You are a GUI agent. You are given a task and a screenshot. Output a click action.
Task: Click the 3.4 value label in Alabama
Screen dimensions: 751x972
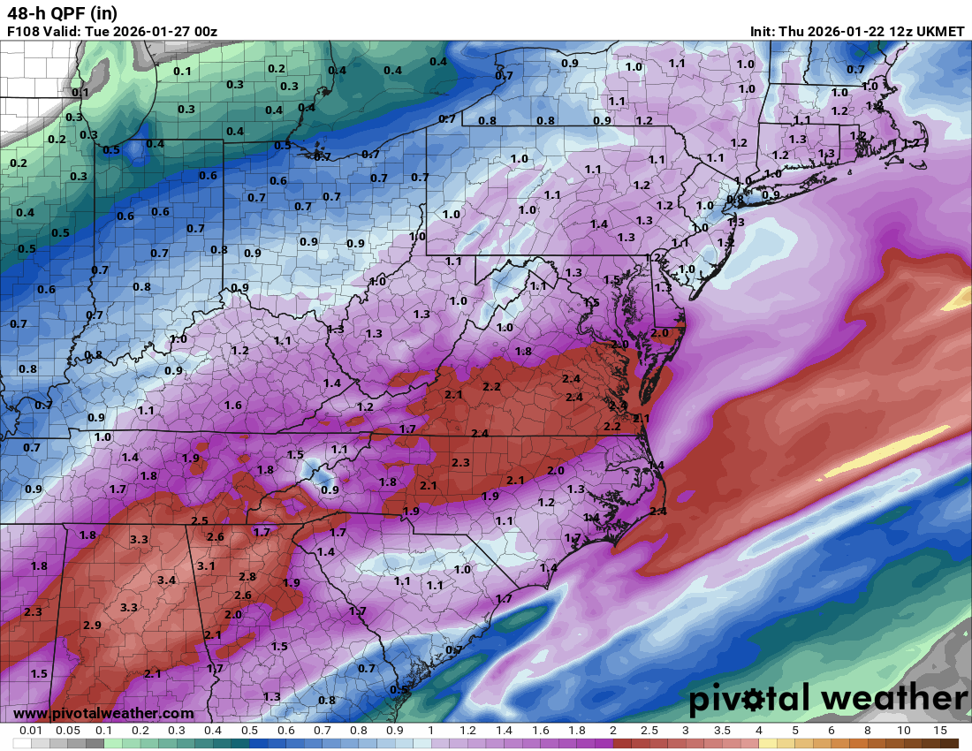tap(166, 580)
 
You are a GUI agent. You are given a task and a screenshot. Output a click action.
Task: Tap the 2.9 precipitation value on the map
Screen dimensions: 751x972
tap(92, 626)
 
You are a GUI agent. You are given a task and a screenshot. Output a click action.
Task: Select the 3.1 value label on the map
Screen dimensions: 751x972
tap(206, 565)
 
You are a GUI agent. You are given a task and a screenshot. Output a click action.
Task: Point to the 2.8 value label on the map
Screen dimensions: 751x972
tap(247, 577)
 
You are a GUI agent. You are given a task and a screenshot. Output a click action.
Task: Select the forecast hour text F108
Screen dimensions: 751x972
tap(23, 32)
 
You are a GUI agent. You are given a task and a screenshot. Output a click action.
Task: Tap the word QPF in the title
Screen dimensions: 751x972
tap(65, 13)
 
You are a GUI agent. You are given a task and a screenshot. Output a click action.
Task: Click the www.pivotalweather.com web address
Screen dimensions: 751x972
tap(103, 713)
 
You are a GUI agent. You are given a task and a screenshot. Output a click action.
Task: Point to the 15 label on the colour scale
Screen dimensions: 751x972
tap(940, 731)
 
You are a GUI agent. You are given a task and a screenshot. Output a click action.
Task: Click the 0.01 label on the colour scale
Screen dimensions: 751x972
tap(32, 731)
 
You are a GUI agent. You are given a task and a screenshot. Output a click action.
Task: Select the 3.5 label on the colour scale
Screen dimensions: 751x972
tap(722, 731)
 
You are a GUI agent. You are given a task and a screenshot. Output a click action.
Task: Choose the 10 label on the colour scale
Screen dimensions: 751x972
tap(903, 731)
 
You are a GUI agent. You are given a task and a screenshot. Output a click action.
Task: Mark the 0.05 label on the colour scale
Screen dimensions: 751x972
tap(68, 731)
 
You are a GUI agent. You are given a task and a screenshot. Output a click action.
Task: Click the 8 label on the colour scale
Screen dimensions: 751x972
tap(868, 731)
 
